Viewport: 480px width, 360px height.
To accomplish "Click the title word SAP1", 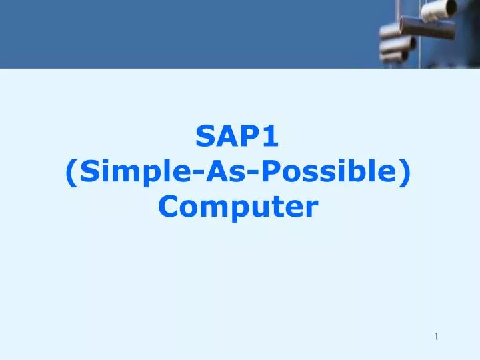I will pyautogui.click(x=239, y=138).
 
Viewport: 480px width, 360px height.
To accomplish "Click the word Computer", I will pyautogui.click(x=239, y=208).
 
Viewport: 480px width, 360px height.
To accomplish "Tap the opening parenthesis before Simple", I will pyautogui.click(x=72, y=174).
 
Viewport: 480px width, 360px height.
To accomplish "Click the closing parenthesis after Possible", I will pyautogui.click(x=406, y=174).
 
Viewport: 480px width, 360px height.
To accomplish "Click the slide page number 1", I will pyautogui.click(x=437, y=337).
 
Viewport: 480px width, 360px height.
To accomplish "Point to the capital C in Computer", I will pyautogui.click(x=168, y=208).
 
